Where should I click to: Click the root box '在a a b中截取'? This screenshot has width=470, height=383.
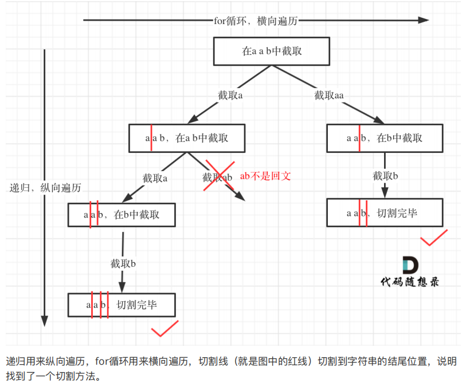click(272, 52)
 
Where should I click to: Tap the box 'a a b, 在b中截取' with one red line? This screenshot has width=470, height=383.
click(385, 138)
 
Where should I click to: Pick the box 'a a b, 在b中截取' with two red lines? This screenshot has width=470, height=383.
click(122, 215)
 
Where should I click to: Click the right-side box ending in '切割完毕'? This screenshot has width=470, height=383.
click(385, 213)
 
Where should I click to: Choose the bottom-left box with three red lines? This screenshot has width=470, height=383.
click(122, 305)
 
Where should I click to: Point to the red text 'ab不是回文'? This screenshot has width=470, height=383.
click(265, 176)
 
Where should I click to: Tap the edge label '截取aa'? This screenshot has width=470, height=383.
click(328, 95)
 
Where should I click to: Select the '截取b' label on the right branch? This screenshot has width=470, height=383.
click(385, 176)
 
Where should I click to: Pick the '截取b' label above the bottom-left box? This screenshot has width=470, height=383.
click(123, 264)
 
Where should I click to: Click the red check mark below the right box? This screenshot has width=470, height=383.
click(434, 238)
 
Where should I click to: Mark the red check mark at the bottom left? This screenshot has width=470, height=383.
click(164, 329)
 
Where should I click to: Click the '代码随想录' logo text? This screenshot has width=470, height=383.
click(410, 282)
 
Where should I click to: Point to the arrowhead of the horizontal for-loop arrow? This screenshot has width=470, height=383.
click(424, 20)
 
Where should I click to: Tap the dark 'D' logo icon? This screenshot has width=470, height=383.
click(410, 264)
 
